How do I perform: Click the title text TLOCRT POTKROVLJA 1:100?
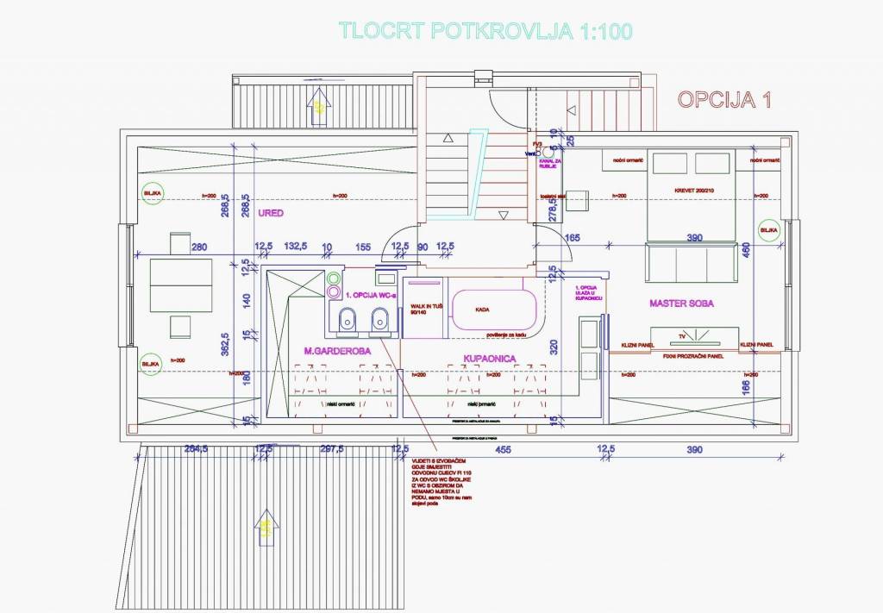486,31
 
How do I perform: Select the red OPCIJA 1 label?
723,100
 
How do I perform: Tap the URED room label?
270,212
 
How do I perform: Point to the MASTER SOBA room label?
681,303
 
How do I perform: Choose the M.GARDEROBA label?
336,351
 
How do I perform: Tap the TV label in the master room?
682,335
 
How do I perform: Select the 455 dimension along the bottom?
504,449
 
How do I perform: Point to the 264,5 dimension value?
197,449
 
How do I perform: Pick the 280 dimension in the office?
199,247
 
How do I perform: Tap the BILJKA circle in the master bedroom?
768,230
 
